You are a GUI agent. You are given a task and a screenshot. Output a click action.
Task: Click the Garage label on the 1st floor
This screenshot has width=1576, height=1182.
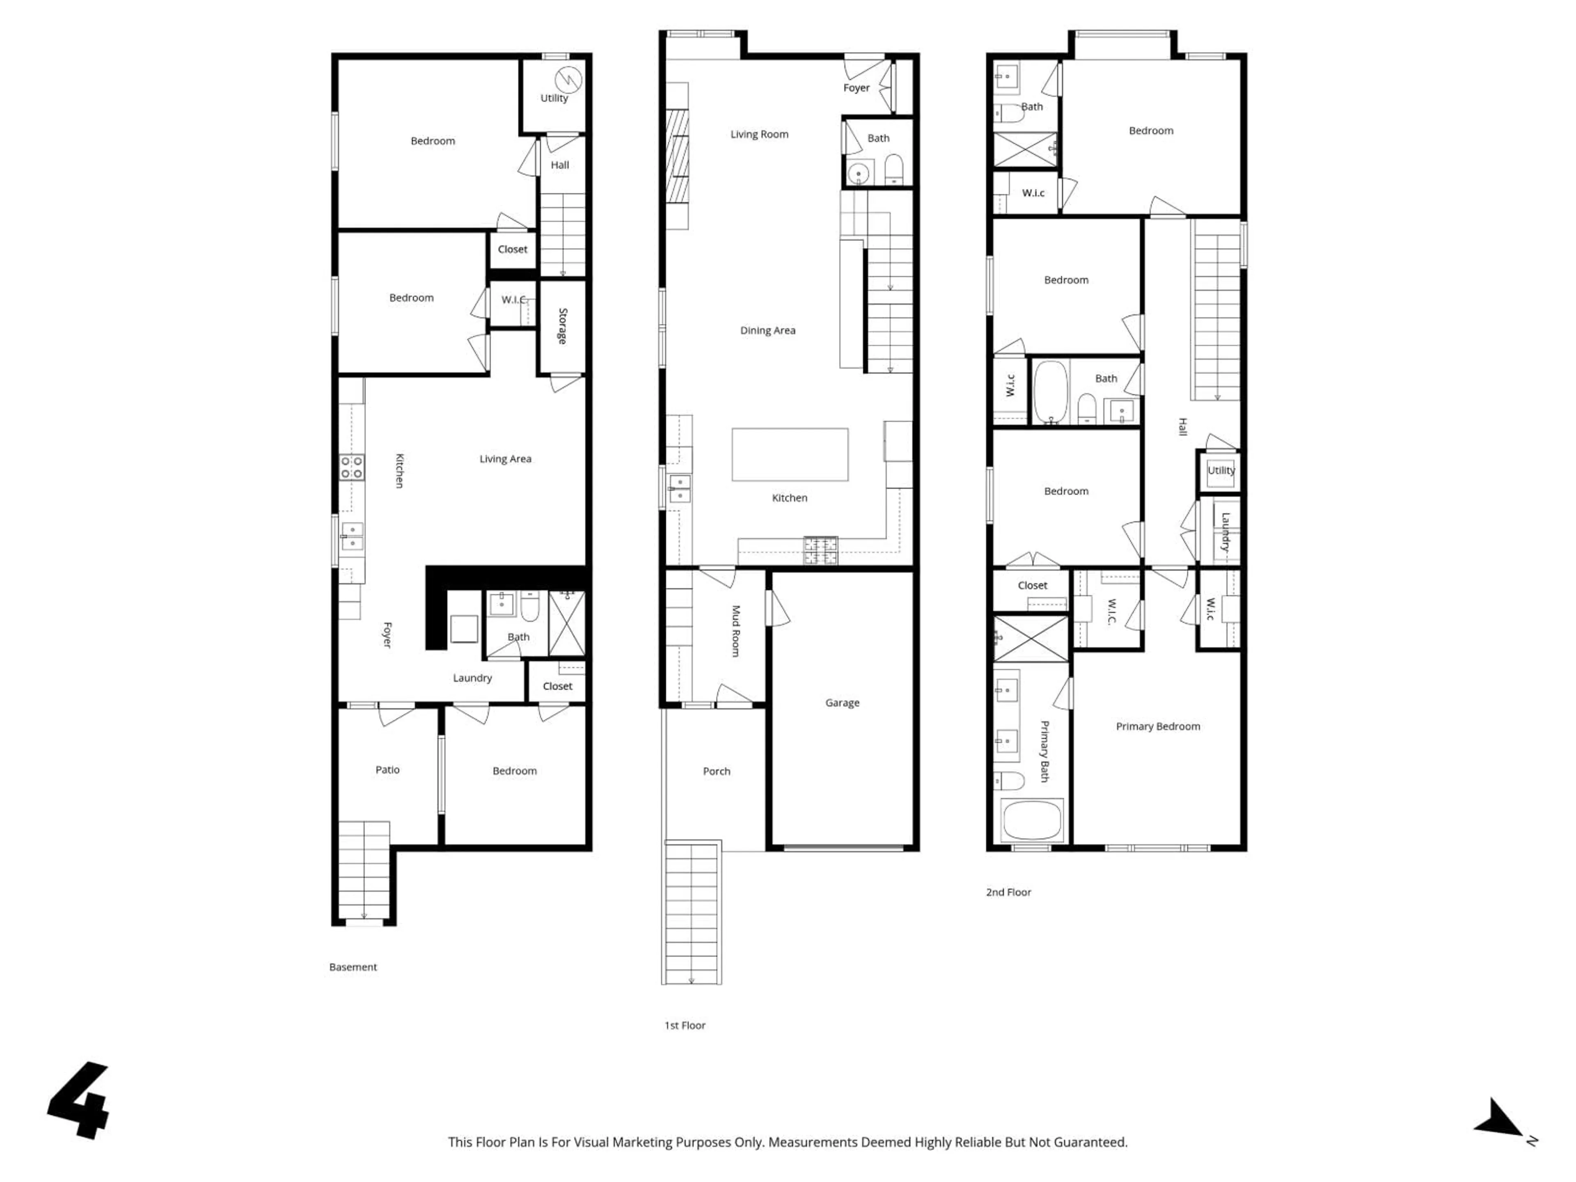coord(842,703)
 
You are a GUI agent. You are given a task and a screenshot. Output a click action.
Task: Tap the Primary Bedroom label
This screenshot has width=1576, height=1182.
coord(1158,726)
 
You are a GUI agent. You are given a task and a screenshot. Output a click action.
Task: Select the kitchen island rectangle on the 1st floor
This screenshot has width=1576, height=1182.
coord(789,455)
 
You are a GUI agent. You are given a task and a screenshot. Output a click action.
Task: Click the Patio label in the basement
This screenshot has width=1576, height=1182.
coord(387,770)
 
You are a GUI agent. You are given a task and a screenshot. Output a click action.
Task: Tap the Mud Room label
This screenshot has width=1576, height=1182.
coord(736,630)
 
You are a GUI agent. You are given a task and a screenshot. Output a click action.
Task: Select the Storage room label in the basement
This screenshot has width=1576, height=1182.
coord(562,326)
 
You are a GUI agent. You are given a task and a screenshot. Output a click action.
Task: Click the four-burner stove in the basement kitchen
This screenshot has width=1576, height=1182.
coord(351,467)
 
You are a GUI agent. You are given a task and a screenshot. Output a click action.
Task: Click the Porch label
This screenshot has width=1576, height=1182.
coord(716,771)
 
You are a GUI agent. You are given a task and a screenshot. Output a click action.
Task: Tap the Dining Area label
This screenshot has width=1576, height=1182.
coord(767,330)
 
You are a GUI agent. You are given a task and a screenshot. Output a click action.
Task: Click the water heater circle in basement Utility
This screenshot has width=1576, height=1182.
coord(568,78)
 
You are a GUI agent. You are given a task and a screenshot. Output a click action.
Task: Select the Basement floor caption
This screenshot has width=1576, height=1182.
coord(353,967)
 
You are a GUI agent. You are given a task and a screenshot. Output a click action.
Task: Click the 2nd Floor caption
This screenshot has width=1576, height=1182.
coord(1008,892)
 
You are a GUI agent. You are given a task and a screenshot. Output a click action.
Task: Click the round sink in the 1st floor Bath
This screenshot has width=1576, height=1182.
coord(860,173)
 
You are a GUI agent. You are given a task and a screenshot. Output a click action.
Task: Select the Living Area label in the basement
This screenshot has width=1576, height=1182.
coord(505,459)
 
